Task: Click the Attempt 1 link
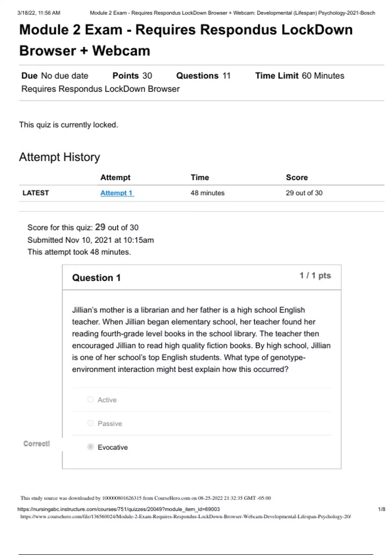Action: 117,193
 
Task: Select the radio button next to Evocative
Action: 90,447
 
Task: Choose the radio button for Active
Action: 90,399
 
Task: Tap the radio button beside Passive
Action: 90,423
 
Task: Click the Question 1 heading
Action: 96,278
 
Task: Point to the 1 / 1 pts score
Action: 315,276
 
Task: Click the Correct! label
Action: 37,444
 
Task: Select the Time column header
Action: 200,177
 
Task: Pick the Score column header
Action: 297,177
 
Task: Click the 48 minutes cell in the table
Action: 207,193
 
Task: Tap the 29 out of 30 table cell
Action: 304,193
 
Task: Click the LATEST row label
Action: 36,193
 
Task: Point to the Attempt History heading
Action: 59,157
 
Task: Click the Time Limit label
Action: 277,76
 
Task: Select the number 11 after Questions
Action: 226,76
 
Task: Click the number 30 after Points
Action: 147,76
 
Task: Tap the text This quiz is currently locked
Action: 69,125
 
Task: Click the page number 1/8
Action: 381,509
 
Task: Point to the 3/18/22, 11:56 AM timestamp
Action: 39,13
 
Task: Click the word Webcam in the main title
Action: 121,51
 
